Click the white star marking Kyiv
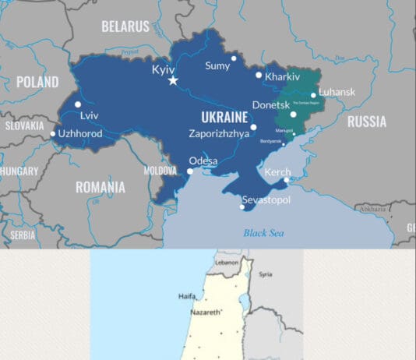click(173, 80)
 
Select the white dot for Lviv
click(78, 104)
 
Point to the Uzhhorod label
click(80, 134)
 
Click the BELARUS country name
click(125, 26)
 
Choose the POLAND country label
click(37, 82)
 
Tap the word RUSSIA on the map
click(366, 122)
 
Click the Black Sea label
click(263, 232)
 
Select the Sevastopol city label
click(266, 200)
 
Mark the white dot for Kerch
click(287, 180)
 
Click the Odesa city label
click(203, 161)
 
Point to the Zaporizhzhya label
click(219, 133)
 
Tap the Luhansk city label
click(337, 92)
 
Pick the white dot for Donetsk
click(294, 115)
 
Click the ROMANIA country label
click(100, 187)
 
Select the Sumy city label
click(217, 66)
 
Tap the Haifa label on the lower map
click(187, 296)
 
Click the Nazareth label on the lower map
click(206, 312)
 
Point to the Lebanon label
click(226, 263)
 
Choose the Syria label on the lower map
click(266, 274)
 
